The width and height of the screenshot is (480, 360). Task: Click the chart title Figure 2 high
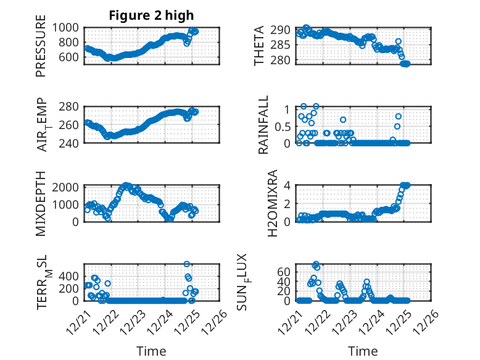(x=151, y=15)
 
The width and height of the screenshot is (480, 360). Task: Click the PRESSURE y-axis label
(x=41, y=49)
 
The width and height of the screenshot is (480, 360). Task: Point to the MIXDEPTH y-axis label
(x=41, y=203)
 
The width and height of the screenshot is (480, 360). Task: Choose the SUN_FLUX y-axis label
(x=259, y=283)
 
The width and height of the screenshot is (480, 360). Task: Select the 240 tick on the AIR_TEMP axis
(x=70, y=143)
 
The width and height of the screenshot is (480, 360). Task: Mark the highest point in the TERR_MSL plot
(x=187, y=264)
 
